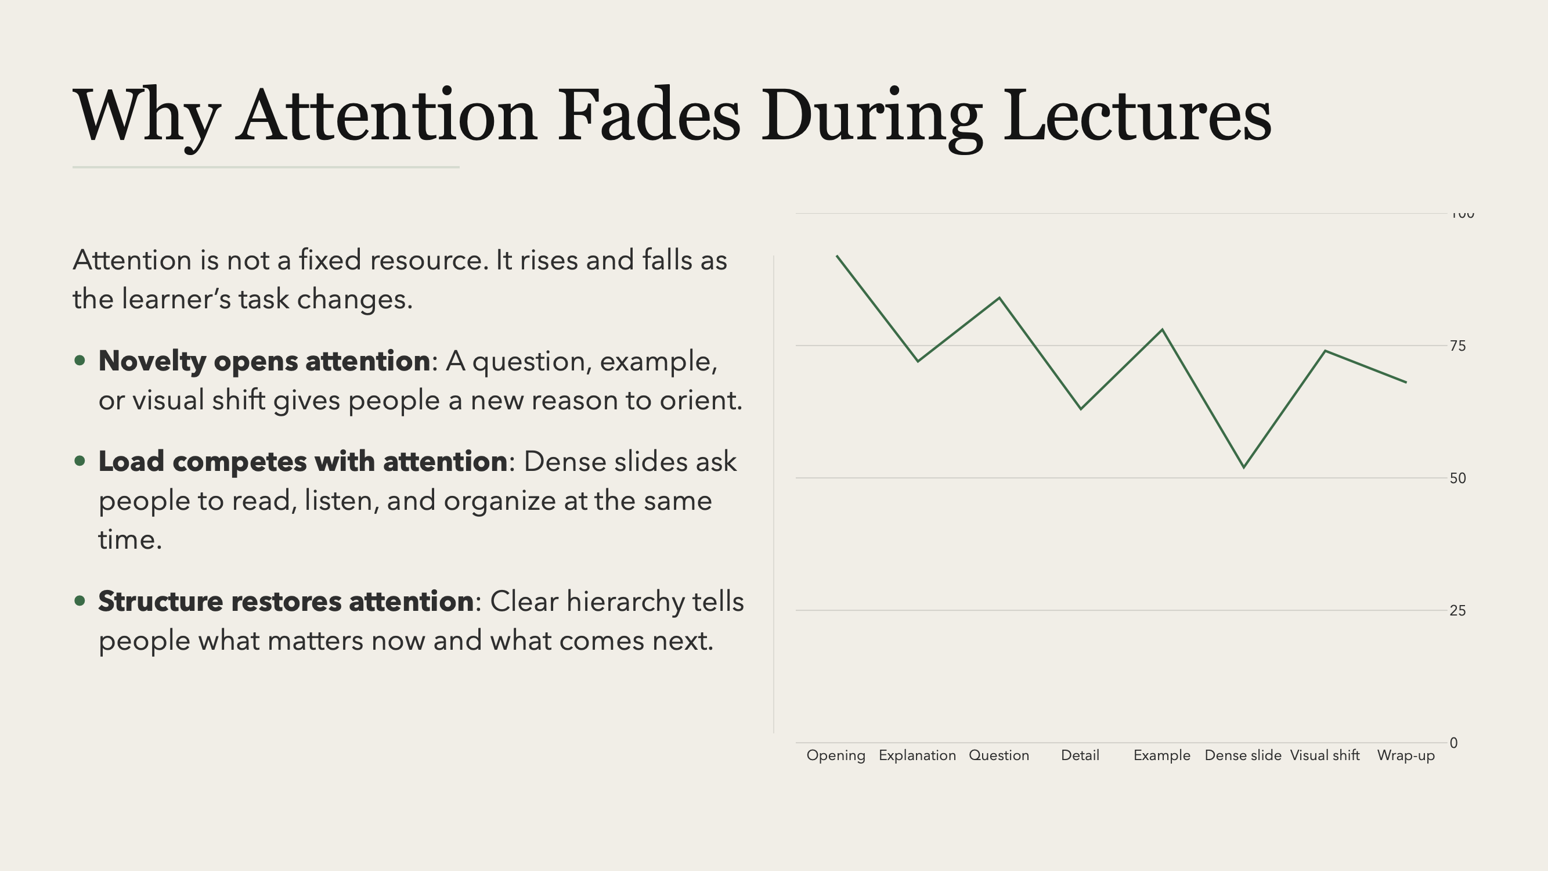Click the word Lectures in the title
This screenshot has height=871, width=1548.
1137,115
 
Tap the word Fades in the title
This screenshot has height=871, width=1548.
648,115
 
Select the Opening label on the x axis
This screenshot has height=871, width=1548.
836,755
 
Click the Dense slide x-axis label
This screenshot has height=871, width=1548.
1243,755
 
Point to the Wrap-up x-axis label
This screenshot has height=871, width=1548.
1406,755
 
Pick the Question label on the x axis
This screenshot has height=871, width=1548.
999,755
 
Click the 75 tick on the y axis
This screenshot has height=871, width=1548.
1457,345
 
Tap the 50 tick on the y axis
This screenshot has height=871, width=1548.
1457,478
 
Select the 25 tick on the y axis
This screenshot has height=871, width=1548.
1457,610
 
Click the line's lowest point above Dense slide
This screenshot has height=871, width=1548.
1243,467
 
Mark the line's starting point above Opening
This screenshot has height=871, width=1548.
837,256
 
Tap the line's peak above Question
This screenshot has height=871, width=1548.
999,297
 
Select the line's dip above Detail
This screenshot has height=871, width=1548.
1081,409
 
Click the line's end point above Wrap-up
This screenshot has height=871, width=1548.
1406,382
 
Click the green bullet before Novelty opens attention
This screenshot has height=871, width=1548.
80,361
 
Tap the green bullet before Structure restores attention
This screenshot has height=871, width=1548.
80,600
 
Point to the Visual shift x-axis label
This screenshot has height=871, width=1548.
1325,755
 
